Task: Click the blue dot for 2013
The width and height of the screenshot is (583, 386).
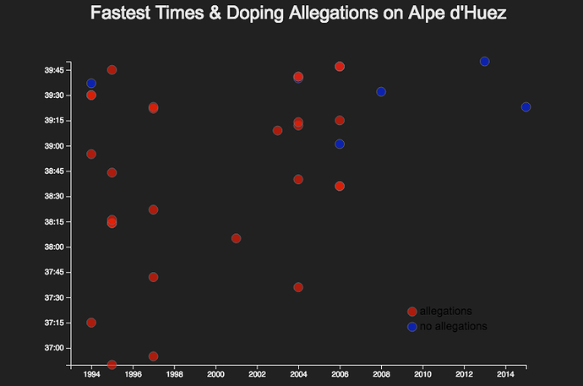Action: [484, 61]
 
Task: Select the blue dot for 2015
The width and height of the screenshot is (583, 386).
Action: [526, 106]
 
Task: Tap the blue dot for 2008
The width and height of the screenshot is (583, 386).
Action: [381, 91]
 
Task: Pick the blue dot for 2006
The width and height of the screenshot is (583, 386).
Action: [340, 144]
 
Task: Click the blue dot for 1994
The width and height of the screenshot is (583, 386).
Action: [91, 83]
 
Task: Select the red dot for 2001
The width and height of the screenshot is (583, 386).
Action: [236, 238]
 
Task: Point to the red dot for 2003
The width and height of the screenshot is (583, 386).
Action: [277, 130]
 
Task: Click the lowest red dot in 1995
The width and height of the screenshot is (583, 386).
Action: [112, 364]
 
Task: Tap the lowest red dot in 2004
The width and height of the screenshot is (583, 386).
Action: [298, 287]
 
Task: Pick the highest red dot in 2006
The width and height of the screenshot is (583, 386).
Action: [340, 66]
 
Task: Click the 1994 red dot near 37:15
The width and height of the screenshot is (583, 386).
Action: [91, 323]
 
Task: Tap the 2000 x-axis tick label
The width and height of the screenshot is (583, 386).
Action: [215, 375]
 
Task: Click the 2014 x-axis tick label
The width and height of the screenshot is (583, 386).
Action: [505, 375]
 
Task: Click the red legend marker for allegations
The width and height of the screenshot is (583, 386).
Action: [411, 311]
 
